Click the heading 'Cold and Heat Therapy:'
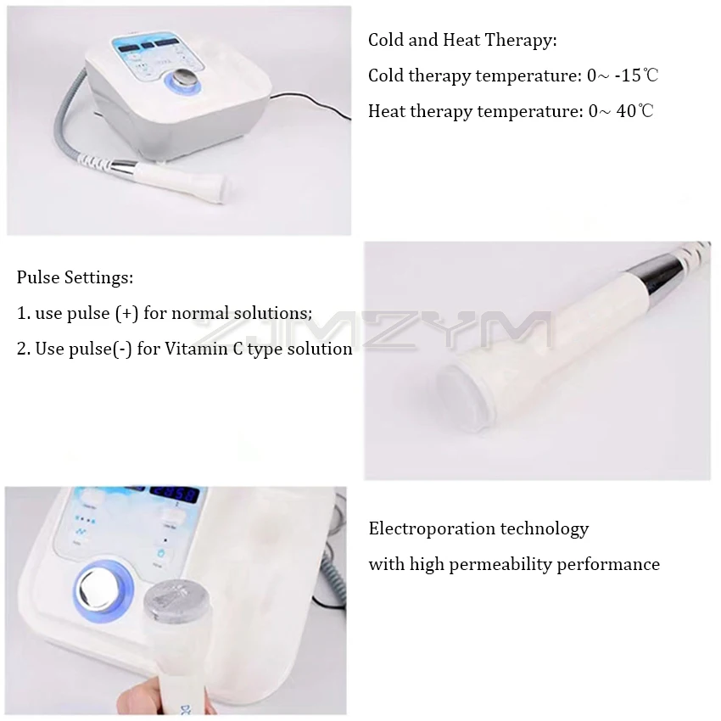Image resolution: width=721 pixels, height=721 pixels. point(462,40)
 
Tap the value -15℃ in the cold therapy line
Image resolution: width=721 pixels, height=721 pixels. point(636,75)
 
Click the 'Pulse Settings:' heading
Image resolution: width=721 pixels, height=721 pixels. point(75,277)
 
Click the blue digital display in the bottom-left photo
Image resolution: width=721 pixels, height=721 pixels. point(174,495)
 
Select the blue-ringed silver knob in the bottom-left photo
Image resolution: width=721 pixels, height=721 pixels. point(103,592)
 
